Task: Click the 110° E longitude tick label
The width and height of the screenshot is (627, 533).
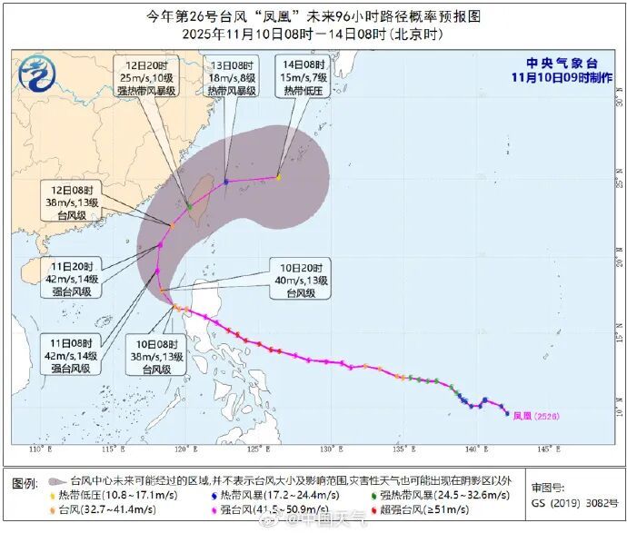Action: click(38, 450)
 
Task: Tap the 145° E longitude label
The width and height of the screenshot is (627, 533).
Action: click(545, 450)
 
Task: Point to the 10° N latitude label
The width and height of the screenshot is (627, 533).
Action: click(617, 398)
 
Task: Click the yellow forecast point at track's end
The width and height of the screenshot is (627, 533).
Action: click(278, 177)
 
